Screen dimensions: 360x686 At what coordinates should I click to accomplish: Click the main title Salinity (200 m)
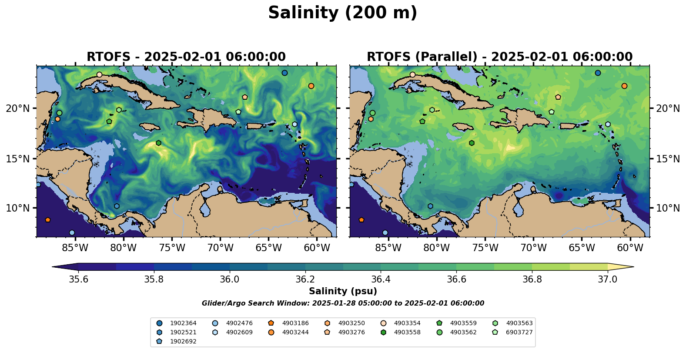point(342,13)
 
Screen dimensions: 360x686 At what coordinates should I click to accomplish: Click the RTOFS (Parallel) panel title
point(499,57)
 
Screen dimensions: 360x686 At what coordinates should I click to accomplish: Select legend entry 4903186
point(295,323)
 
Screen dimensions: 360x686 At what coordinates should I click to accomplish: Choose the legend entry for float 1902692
point(183,341)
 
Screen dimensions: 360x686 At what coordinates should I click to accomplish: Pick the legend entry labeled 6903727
point(519,332)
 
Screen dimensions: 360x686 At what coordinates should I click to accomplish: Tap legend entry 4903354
point(407,323)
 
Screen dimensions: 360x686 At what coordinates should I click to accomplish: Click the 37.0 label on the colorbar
point(607,279)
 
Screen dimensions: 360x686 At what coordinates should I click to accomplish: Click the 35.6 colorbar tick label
point(79,279)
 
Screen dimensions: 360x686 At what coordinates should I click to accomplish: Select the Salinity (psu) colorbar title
point(343,291)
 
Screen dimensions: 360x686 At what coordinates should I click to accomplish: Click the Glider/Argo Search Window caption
point(343,303)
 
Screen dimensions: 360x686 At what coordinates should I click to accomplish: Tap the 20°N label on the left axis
point(18,108)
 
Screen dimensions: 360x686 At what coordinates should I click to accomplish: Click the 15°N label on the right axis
point(668,159)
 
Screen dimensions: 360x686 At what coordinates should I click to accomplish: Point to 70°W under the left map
point(221,248)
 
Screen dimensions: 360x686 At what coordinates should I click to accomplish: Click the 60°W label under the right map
point(630,248)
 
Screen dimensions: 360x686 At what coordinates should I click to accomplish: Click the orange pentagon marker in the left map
point(48,220)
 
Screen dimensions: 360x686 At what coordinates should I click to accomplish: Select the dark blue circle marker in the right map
point(598,73)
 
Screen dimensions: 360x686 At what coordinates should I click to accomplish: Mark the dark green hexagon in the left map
point(159,143)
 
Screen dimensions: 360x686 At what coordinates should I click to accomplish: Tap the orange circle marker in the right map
point(624,86)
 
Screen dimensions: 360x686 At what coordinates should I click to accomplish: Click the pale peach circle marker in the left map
point(99,74)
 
